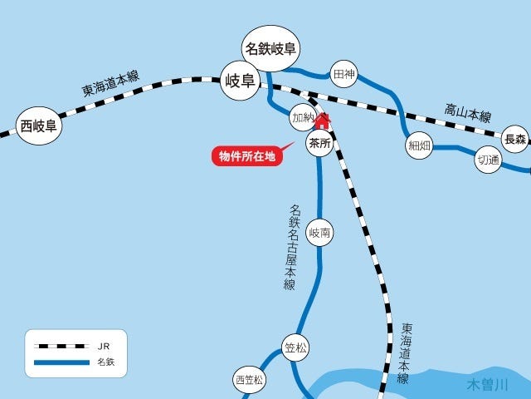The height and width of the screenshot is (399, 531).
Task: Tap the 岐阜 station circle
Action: [240, 81]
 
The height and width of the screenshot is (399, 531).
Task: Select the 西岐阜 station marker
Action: [38, 126]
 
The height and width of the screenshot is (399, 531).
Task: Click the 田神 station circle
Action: [343, 75]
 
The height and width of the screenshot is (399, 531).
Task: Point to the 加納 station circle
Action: [303, 118]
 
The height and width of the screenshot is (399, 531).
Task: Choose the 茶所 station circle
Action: [319, 144]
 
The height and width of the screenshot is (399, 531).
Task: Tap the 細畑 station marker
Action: [418, 145]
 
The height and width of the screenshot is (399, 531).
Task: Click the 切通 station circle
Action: [488, 160]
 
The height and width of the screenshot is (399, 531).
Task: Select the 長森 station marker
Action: [515, 139]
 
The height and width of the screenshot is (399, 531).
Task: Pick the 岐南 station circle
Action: [319, 234]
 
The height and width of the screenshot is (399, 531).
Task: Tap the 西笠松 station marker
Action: [248, 381]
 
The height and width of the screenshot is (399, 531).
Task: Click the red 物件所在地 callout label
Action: [246, 155]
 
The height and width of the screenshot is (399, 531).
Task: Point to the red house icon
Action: [321, 121]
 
